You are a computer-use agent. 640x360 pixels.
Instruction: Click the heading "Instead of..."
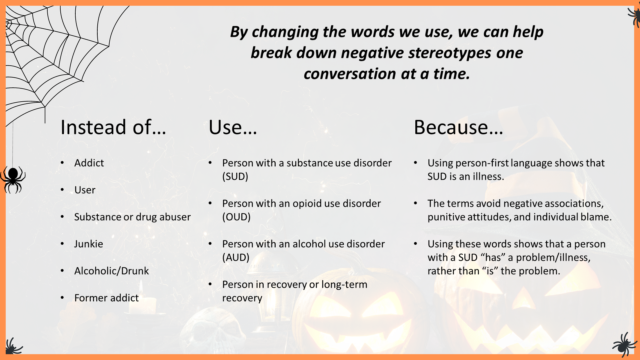click(x=113, y=127)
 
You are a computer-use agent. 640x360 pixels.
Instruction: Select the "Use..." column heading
click(x=233, y=127)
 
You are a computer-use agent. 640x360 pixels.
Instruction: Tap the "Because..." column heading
click(x=459, y=127)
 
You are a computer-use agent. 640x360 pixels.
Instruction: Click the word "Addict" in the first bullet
click(x=89, y=163)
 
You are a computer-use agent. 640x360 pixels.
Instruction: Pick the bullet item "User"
click(x=85, y=190)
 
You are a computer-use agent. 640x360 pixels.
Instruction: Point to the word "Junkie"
click(x=89, y=244)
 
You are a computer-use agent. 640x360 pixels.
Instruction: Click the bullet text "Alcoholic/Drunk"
click(x=112, y=271)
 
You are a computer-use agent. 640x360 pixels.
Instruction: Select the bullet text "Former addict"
click(x=106, y=298)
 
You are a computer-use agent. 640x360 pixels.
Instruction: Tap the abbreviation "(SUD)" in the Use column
click(x=235, y=177)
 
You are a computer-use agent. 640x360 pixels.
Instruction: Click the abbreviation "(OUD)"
click(x=236, y=217)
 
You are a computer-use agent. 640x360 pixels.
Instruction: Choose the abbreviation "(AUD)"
click(x=236, y=258)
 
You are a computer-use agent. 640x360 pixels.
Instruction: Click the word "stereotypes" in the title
click(x=450, y=53)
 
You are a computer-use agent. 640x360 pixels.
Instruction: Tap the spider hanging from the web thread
click(x=13, y=179)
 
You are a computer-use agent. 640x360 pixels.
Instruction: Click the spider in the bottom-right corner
click(x=625, y=345)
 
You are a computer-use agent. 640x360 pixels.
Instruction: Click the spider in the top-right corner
click(x=634, y=16)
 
